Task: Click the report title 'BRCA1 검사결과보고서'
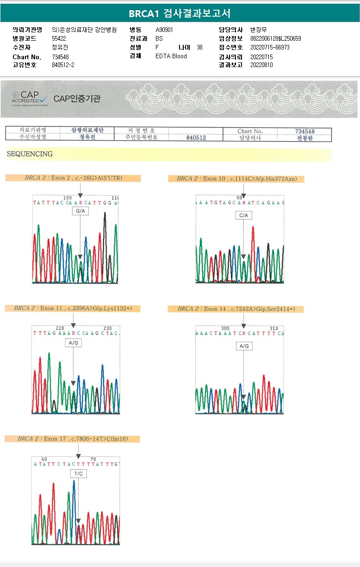180,13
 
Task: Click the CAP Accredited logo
30,98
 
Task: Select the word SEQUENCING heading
30,154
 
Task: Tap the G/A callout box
80,211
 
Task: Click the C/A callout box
243,216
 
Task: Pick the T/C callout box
78,473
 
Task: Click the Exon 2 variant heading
73,178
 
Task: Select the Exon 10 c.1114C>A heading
236,179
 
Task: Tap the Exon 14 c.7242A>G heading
236,308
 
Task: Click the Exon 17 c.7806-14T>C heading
72,438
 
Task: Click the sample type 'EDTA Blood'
171,56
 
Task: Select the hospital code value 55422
59,38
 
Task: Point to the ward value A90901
165,30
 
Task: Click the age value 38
199,47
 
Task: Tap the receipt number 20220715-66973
269,47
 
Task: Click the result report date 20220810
261,65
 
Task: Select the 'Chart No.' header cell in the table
250,131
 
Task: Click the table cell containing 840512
196,137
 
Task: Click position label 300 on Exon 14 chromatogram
225,328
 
